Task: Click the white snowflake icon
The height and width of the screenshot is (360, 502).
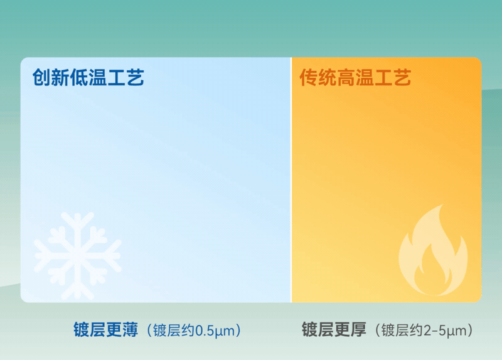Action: [77, 256]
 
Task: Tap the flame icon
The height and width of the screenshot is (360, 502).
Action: [433, 251]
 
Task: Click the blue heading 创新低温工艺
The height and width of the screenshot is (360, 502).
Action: [88, 78]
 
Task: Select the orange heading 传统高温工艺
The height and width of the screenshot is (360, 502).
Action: [355, 78]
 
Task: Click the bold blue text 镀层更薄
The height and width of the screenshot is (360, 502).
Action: [105, 330]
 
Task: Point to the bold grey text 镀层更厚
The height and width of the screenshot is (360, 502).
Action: [334, 330]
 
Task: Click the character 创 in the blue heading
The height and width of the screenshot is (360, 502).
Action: [41, 78]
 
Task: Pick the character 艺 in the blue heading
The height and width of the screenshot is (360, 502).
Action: [136, 78]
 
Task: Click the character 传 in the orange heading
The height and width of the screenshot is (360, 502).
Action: [308, 78]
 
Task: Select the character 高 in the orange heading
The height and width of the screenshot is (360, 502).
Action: [355, 78]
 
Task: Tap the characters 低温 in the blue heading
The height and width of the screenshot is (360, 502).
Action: [88, 78]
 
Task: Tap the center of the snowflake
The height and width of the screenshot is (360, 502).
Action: [77, 256]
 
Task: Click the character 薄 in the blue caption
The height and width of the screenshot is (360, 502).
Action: [130, 330]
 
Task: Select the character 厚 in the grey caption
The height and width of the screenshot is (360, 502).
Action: [358, 330]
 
